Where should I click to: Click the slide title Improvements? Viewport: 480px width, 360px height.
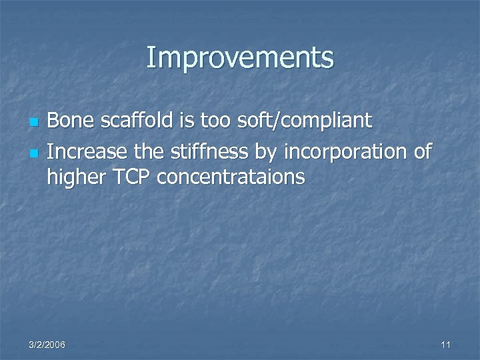(x=239, y=58)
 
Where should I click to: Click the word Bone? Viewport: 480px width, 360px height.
(x=68, y=121)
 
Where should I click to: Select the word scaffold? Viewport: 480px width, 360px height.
(x=127, y=121)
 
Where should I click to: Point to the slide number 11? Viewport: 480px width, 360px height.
(x=446, y=345)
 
